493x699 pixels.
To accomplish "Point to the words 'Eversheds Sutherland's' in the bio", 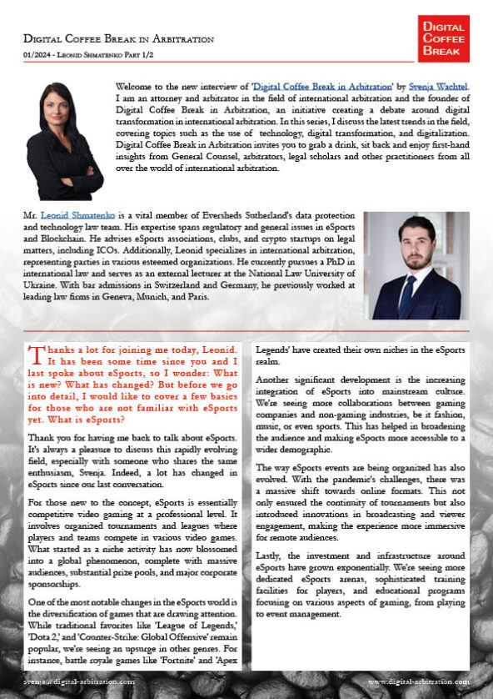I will pyautogui.click(x=223, y=216).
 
